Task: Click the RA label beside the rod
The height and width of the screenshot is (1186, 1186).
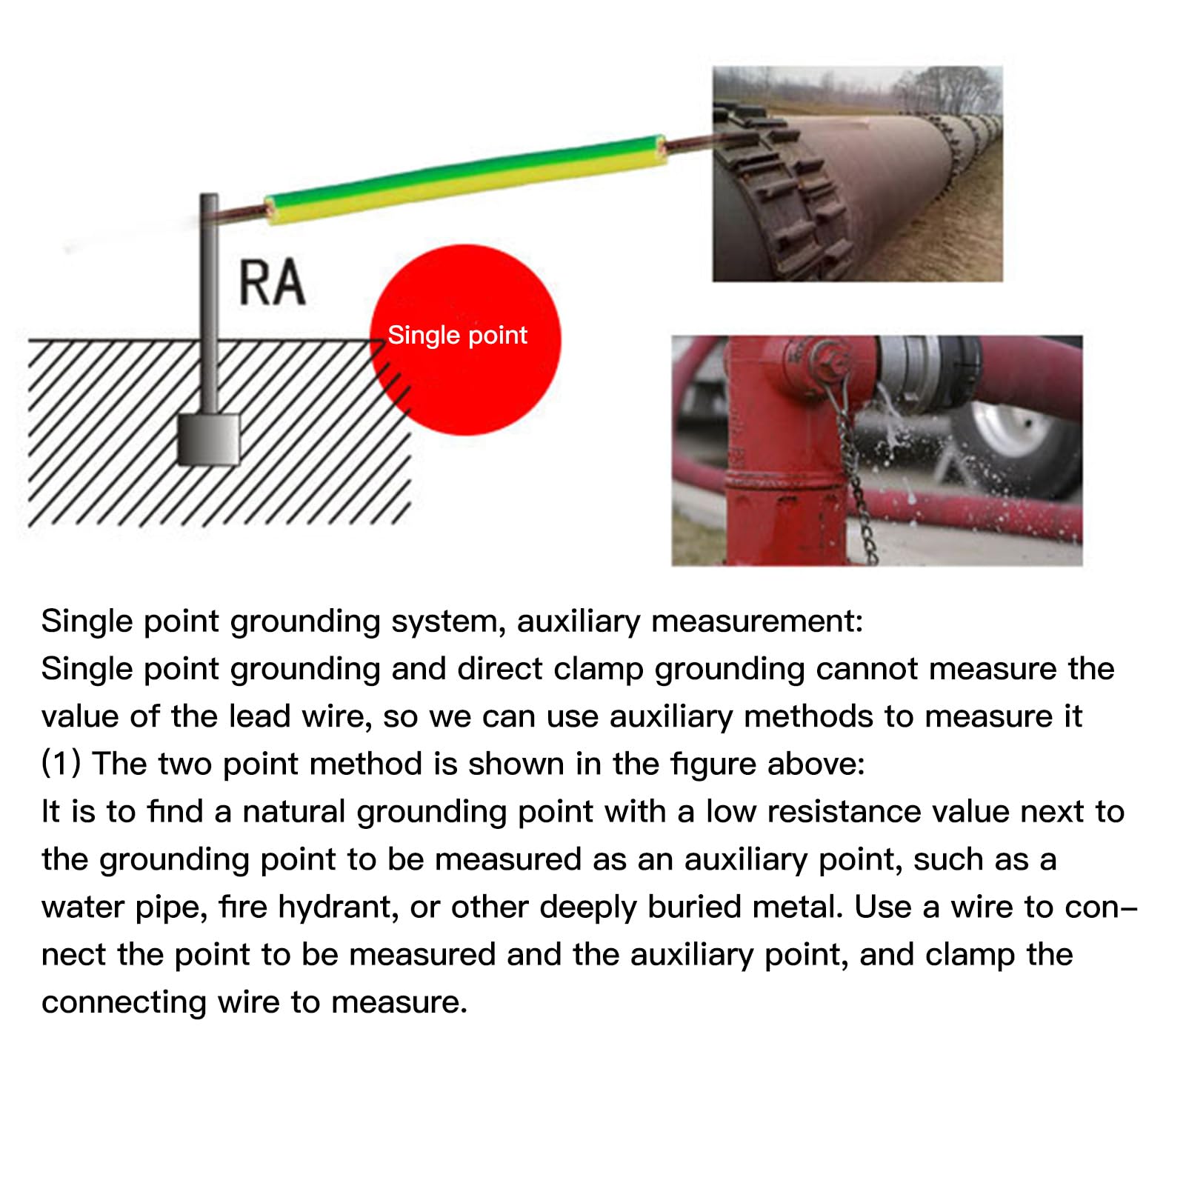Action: coord(272,282)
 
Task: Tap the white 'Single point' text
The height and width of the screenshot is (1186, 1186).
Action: coord(457,336)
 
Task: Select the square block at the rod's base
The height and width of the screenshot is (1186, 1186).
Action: coord(209,439)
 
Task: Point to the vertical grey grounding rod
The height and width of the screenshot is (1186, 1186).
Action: coord(210,296)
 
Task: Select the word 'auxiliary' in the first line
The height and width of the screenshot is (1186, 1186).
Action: coord(578,621)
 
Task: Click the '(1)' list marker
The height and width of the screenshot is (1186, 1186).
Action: coord(61,764)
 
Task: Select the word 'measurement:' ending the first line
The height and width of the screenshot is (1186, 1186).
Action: coord(756,621)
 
